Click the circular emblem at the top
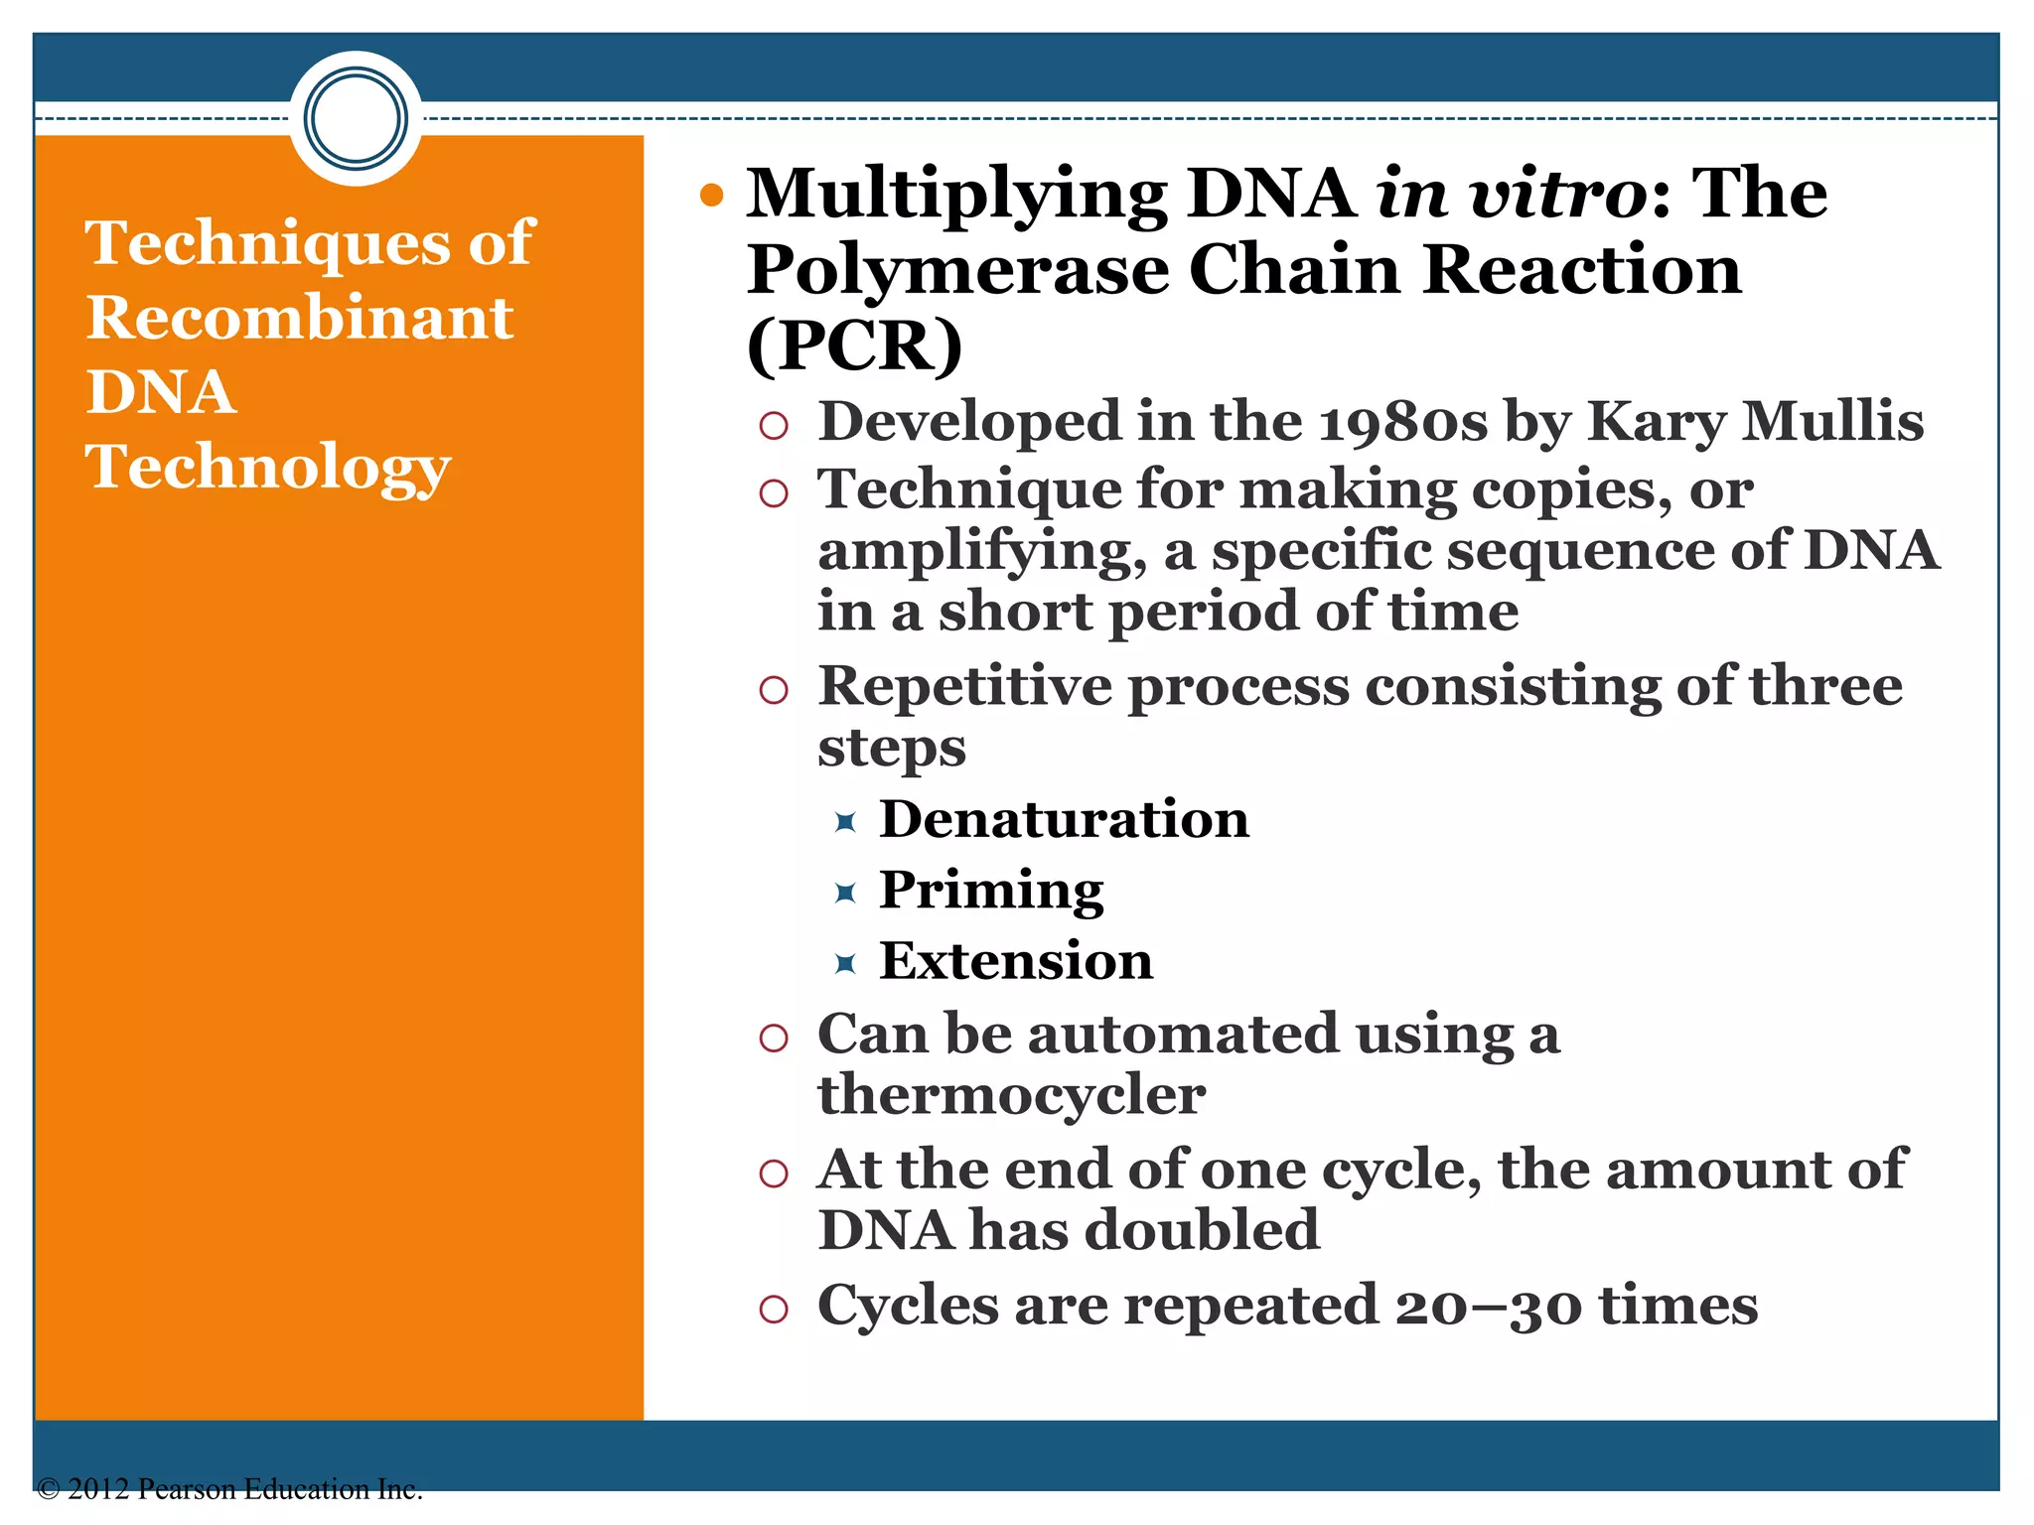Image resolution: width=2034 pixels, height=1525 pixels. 356,118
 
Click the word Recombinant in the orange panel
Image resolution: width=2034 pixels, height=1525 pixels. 299,318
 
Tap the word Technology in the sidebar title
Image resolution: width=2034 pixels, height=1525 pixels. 268,467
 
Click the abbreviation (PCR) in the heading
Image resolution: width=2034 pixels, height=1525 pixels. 854,346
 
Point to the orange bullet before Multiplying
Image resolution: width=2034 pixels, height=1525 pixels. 711,195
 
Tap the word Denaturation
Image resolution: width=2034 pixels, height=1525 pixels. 1064,820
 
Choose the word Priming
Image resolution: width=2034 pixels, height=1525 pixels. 991,890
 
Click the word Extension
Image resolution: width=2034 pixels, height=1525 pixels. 1016,961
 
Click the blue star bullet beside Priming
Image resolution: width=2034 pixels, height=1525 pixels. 845,893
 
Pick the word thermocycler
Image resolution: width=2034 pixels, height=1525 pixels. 1011,1095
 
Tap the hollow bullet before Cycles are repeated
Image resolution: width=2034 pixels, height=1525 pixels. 773,1310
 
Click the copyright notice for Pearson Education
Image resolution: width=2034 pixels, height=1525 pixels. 229,1489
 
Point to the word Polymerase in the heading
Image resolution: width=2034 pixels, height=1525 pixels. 958,271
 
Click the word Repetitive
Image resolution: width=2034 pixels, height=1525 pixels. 964,686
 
